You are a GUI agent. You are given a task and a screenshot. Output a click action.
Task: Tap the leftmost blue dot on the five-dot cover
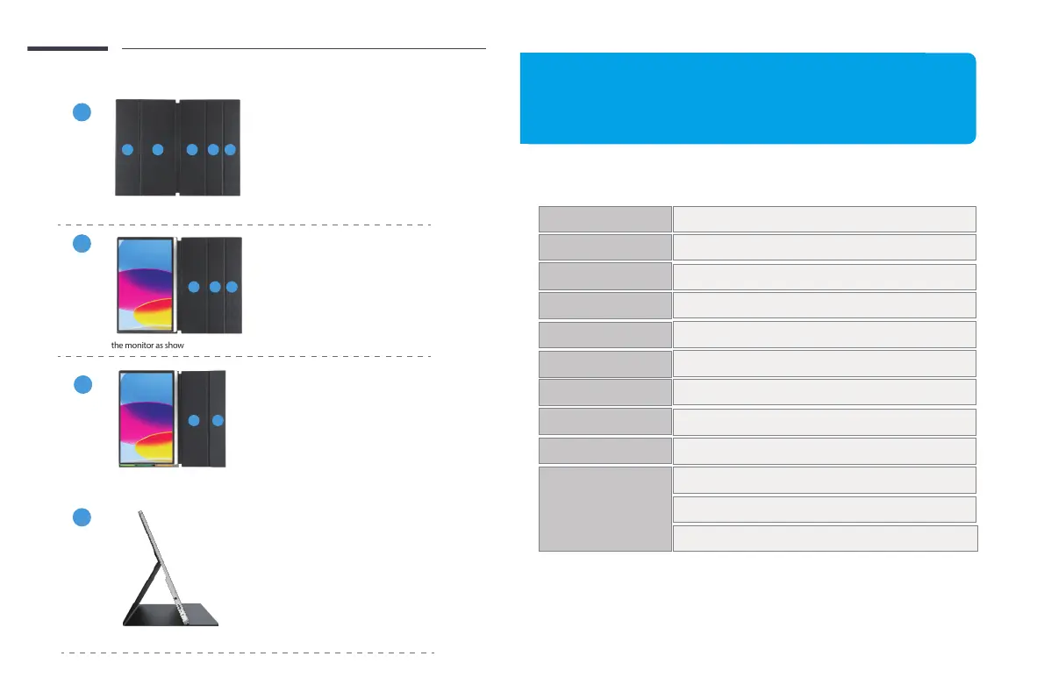pyautogui.click(x=126, y=150)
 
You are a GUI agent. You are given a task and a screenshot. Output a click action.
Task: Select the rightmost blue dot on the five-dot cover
pyautogui.click(x=231, y=150)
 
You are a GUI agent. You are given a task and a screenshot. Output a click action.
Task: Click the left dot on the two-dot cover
pyautogui.click(x=195, y=422)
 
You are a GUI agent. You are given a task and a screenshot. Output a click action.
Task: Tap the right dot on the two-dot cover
pyautogui.click(x=218, y=422)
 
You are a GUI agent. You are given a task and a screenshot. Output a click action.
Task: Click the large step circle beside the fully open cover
pyautogui.click(x=82, y=112)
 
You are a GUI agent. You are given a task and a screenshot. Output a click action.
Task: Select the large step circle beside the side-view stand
pyautogui.click(x=82, y=517)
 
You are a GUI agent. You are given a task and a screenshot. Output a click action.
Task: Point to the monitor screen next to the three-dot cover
pyautogui.click(x=146, y=286)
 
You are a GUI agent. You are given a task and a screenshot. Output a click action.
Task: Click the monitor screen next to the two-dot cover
pyautogui.click(x=146, y=418)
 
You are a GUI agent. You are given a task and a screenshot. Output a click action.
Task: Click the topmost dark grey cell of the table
pyautogui.click(x=604, y=218)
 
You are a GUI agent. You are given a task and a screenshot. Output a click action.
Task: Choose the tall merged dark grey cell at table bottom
pyautogui.click(x=604, y=509)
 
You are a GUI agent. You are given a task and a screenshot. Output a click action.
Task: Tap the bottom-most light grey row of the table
pyautogui.click(x=825, y=538)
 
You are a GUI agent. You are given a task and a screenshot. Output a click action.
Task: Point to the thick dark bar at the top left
pyautogui.click(x=68, y=48)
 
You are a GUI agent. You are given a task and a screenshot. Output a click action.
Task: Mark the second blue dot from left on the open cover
pyautogui.click(x=158, y=150)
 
